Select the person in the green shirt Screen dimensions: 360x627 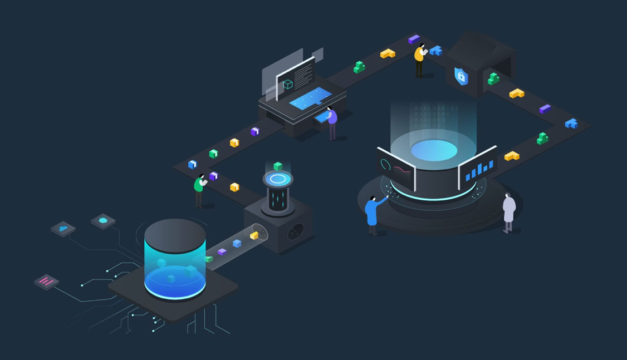coord(199,189)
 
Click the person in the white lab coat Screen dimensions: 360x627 coord(509,211)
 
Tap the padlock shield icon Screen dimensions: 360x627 coord(461,76)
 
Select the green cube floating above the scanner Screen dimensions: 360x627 coord(278,166)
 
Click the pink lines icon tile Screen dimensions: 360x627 coord(47,282)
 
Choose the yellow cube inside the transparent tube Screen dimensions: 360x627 coord(254,235)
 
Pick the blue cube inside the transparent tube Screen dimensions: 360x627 coord(237,243)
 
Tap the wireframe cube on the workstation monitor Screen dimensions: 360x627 coord(288,84)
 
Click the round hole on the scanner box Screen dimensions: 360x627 coord(295,231)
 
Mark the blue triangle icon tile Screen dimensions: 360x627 coord(63,228)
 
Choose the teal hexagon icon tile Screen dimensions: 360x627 coord(103,221)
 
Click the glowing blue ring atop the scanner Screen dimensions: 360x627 coord(278,179)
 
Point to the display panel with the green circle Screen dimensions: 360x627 coord(396,168)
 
